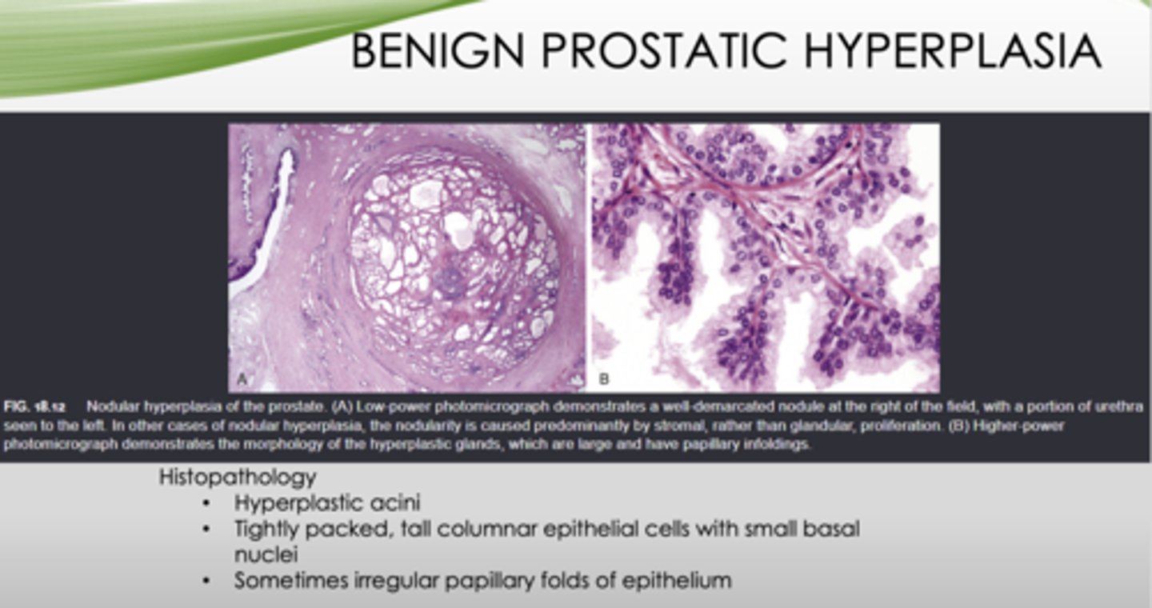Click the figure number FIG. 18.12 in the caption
34,406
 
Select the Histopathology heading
238,478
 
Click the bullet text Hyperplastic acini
327,503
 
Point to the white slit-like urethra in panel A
272,216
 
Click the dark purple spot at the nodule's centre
453,280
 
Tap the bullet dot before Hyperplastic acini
208,504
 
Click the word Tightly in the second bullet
268,529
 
